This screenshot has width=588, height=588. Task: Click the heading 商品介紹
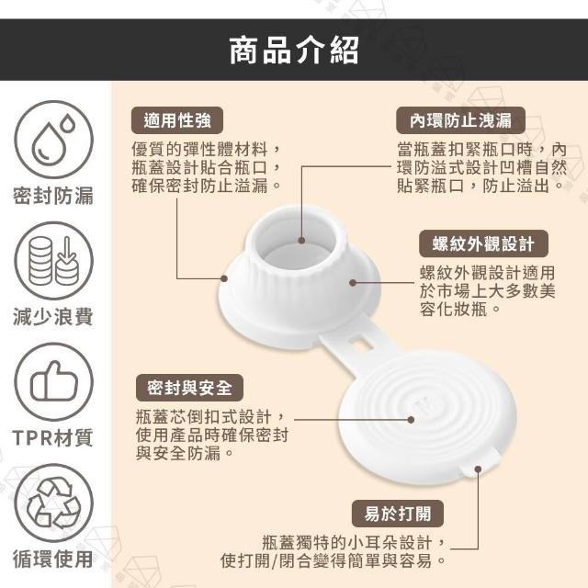pos(294,51)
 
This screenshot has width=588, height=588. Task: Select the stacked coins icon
pos(53,261)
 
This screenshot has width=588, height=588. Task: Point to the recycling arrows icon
pos(53,503)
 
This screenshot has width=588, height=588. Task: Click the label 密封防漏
pos(53,196)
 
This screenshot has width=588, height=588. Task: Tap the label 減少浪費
pos(53,317)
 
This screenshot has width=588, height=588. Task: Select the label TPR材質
pos(52,437)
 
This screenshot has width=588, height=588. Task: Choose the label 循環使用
pos(53,560)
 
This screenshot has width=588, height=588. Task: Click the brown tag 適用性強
pos(177,120)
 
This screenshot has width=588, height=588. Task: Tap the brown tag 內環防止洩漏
pos(460,120)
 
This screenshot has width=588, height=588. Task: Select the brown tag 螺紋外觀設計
pos(483,243)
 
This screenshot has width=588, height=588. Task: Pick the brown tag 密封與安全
pos(189,388)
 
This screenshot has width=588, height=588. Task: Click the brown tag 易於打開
pos(398,514)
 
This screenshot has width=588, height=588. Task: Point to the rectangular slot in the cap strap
pos(361,343)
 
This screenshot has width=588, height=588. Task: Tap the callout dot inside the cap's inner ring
pos(301,241)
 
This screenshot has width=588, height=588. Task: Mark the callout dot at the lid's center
pos(411,420)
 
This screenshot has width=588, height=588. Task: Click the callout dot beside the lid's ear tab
pos(478,469)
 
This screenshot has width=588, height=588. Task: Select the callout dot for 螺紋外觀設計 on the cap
pos(353,282)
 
